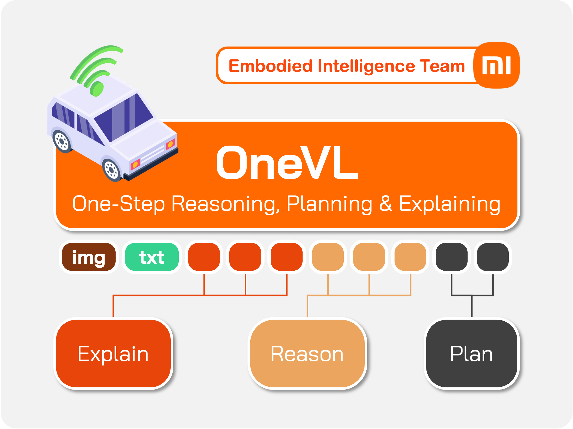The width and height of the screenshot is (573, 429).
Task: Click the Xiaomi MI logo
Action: tap(496, 65)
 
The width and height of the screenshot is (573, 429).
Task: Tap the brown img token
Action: tap(89, 257)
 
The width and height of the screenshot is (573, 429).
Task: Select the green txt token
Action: tap(152, 257)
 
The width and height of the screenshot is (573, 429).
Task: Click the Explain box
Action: tap(113, 354)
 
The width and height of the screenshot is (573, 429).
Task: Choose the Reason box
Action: tap(307, 354)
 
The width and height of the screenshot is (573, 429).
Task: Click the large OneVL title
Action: tap(287, 162)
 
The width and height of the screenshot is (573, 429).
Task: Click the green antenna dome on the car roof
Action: tap(97, 89)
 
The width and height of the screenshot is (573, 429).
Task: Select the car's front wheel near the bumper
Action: tap(112, 170)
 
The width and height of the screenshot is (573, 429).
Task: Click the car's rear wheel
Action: tap(62, 141)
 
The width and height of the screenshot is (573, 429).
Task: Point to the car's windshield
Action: tap(124, 118)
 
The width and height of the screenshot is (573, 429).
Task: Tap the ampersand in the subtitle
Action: tap(386, 204)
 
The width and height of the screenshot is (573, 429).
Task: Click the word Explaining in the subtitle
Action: tap(450, 205)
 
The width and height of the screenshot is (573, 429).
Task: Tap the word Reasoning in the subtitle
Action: tap(226, 205)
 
